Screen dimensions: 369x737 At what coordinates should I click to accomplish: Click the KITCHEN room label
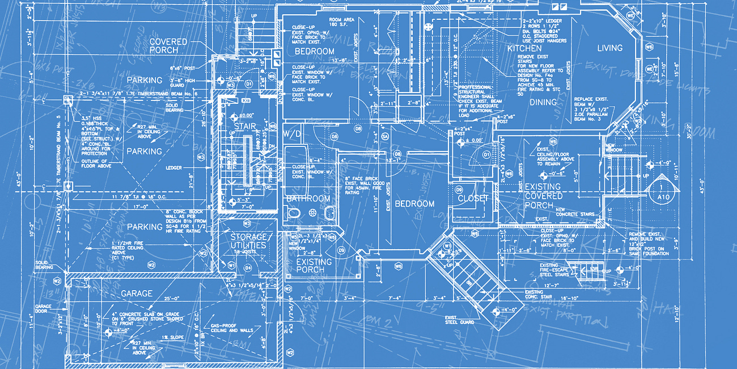[524, 49]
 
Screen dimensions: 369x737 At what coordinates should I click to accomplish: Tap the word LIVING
[609, 48]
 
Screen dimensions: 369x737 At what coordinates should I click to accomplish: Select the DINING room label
[543, 103]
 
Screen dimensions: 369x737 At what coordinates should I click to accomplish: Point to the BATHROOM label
[308, 199]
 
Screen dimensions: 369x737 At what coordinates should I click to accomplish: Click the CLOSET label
[473, 198]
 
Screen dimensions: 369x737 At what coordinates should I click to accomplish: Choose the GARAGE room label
[137, 293]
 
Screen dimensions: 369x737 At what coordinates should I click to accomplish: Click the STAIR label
[245, 127]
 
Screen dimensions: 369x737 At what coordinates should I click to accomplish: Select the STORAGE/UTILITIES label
[248, 241]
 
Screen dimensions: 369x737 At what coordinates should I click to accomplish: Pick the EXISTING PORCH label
[314, 266]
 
